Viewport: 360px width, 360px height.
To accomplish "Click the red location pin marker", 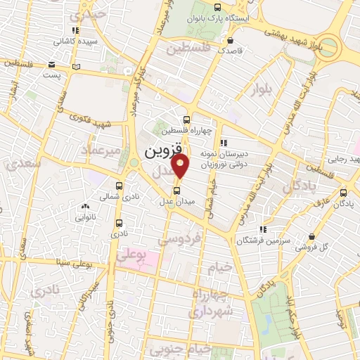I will click(181, 166).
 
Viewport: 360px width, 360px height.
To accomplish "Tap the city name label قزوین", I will click(163, 150).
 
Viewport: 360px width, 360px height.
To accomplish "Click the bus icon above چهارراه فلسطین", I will click(186, 119).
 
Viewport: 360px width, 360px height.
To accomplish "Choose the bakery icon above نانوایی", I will click(85, 207).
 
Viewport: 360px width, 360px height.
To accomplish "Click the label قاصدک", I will click(231, 51).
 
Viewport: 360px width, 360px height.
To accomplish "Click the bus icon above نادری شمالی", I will click(117, 187).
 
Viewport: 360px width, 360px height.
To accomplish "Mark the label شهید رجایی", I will click(344, 160).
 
